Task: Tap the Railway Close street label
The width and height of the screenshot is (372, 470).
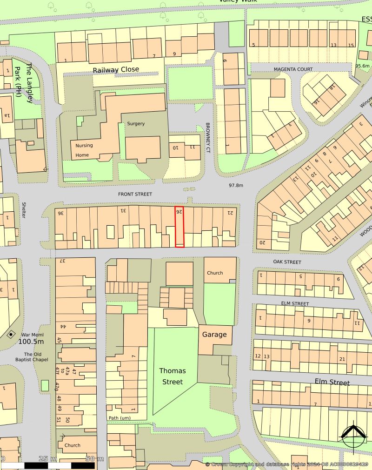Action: pyautogui.click(x=116, y=69)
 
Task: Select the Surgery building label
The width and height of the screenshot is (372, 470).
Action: pyautogui.click(x=136, y=124)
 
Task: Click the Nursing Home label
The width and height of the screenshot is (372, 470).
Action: pyautogui.click(x=84, y=150)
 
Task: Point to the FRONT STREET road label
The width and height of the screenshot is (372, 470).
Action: pyautogui.click(x=135, y=194)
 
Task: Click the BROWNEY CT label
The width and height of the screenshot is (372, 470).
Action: pyautogui.click(x=208, y=139)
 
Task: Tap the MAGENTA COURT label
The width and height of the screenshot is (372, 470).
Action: pyautogui.click(x=293, y=69)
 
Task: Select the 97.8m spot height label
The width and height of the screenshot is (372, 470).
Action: pyautogui.click(x=236, y=186)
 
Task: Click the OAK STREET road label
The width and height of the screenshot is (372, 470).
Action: pyautogui.click(x=287, y=262)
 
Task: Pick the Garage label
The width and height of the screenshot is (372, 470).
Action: pyautogui.click(x=214, y=335)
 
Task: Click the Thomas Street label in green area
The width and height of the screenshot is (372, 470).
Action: pyautogui.click(x=173, y=376)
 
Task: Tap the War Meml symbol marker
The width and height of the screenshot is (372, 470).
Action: pyautogui.click(x=11, y=334)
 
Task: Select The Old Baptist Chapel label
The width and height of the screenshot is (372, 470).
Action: pyautogui.click(x=30, y=358)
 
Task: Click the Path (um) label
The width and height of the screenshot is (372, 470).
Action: pyautogui.click(x=120, y=418)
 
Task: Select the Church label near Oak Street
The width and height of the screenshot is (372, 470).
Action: pyautogui.click(x=215, y=273)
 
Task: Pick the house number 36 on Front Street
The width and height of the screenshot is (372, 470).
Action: pyautogui.click(x=60, y=213)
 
